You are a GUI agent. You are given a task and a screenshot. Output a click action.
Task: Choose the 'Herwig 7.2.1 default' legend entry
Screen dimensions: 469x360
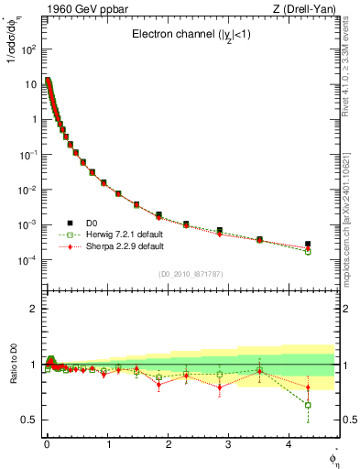(x=117, y=234)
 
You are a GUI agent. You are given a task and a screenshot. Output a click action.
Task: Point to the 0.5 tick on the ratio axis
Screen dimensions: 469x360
(x=28, y=420)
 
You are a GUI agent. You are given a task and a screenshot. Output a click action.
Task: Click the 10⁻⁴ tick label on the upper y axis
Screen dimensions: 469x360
(x=27, y=260)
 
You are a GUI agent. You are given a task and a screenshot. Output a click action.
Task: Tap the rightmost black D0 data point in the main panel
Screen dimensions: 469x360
(x=308, y=245)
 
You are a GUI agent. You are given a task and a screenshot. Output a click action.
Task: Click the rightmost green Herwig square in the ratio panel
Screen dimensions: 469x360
(x=308, y=405)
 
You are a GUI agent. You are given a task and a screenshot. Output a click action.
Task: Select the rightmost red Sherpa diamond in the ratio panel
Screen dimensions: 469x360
(x=308, y=387)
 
